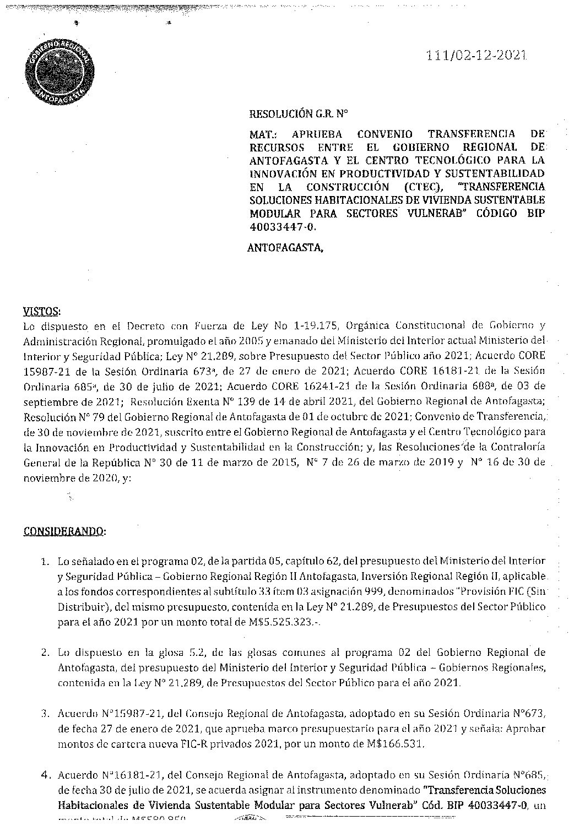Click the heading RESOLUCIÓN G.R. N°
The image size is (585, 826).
coord(292,115)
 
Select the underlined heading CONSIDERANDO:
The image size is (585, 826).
coord(65,531)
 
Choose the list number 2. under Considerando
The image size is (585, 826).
coord(45,652)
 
